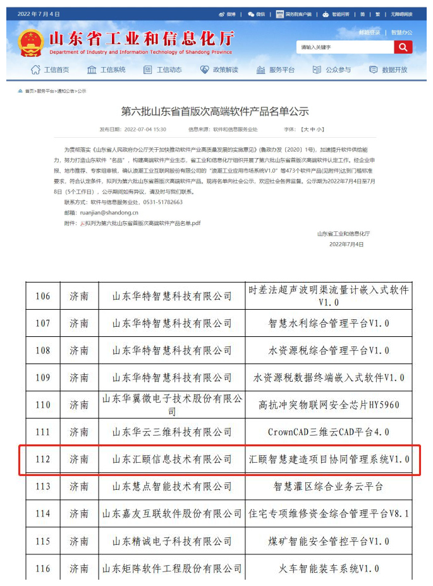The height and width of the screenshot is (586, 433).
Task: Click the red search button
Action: click(403, 47)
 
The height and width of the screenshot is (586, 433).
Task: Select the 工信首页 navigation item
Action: click(50, 70)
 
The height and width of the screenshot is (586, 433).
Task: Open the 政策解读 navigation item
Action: click(219, 70)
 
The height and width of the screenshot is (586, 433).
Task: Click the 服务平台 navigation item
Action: click(276, 70)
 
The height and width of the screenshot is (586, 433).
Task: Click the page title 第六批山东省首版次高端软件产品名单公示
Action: click(215, 111)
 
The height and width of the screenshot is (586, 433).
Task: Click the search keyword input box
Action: click(345, 47)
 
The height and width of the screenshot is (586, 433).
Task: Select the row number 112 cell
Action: click(43, 460)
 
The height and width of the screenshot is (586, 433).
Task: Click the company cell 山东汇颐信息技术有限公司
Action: click(172, 460)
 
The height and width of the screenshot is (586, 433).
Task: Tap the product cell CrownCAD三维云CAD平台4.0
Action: click(329, 432)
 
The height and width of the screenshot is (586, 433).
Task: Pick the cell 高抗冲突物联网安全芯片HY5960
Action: click(329, 405)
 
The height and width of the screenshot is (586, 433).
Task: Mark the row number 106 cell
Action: click(43, 296)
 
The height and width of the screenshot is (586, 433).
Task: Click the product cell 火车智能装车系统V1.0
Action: click(329, 568)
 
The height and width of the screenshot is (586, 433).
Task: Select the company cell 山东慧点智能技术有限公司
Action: click(172, 487)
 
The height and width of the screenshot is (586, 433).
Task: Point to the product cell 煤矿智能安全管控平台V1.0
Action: click(329, 541)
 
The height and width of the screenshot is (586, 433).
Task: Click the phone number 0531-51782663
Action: click(161, 202)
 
